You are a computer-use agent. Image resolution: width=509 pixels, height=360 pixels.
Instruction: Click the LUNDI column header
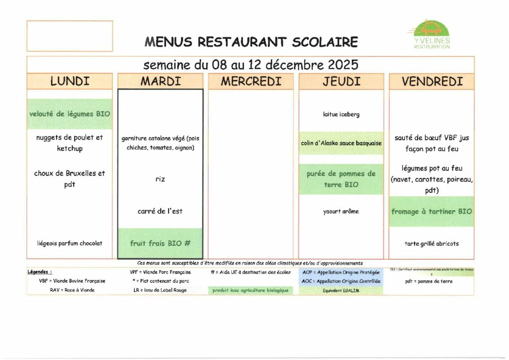coord(70,82)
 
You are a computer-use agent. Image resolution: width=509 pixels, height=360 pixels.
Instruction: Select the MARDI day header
coord(160,82)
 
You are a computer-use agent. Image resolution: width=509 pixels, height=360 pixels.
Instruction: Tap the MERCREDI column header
coord(251,82)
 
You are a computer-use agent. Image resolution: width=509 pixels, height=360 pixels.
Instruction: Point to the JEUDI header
coord(341,82)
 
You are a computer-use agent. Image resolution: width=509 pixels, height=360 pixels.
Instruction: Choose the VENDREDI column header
coord(431,82)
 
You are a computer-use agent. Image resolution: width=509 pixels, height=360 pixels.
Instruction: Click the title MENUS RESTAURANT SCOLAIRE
coord(251,42)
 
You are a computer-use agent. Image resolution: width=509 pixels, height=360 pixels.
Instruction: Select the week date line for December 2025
coord(251,65)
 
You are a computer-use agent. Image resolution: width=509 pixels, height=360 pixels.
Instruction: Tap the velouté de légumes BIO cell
coord(70,114)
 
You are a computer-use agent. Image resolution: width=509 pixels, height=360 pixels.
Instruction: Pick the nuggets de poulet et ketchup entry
coord(70,143)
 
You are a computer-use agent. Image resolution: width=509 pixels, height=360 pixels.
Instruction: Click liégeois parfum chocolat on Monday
coord(70,243)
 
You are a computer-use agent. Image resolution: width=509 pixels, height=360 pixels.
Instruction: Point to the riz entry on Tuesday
coord(160,179)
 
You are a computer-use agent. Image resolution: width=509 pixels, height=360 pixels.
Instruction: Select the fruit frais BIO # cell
coord(160,243)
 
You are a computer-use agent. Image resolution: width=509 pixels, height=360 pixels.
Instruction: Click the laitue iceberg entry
coord(341,114)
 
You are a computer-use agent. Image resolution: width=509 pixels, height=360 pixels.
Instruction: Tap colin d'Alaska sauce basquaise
coord(341,143)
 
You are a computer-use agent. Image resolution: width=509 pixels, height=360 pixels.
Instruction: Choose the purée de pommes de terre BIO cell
coord(341,179)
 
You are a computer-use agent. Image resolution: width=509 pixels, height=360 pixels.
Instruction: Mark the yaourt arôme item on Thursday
coord(341,211)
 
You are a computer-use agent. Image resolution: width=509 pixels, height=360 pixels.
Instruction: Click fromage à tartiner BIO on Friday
coord(431,211)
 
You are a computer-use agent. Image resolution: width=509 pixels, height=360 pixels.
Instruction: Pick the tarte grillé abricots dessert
coord(431,244)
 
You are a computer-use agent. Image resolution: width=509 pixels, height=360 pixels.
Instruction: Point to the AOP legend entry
coord(341,272)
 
